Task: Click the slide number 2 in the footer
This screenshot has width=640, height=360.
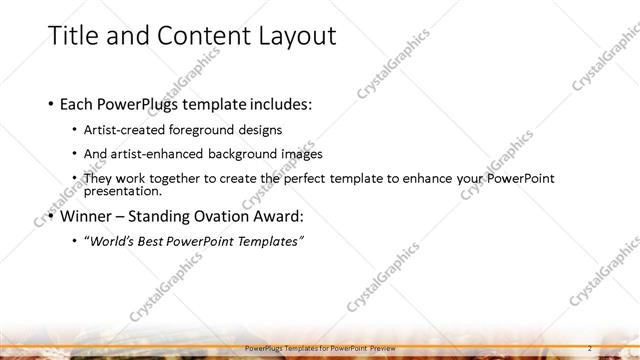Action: pos(590,347)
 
